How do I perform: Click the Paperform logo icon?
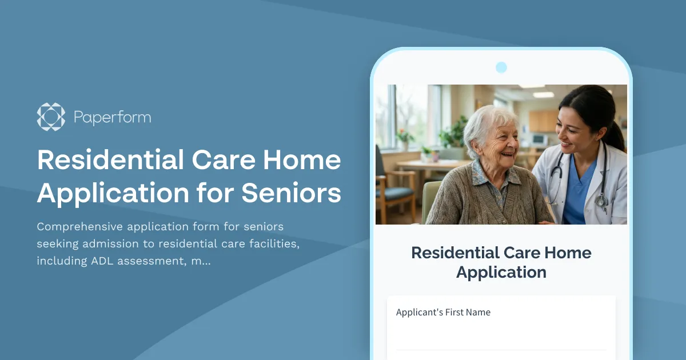51,117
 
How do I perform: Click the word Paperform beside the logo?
112,118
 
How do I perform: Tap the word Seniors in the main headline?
291,193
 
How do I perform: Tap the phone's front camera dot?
501,67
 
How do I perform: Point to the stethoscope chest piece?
601,201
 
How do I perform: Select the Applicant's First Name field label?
443,312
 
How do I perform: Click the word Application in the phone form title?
501,273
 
